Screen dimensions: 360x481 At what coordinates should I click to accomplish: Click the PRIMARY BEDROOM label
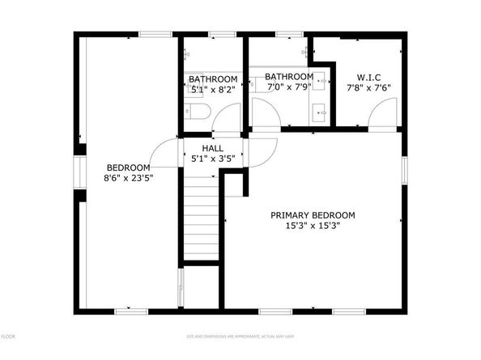313,215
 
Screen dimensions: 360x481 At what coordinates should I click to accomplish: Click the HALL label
212,149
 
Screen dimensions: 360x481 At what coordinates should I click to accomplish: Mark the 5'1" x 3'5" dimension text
212,159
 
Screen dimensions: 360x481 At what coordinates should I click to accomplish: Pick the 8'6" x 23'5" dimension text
129,177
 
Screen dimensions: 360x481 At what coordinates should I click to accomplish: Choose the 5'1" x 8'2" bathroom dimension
213,89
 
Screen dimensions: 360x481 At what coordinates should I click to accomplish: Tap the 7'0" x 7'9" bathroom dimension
289,87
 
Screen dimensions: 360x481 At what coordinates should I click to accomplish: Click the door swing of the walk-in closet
383,117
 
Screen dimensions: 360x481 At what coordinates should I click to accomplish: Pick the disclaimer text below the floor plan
240,335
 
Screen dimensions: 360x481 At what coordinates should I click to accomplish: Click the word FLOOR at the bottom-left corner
7,335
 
